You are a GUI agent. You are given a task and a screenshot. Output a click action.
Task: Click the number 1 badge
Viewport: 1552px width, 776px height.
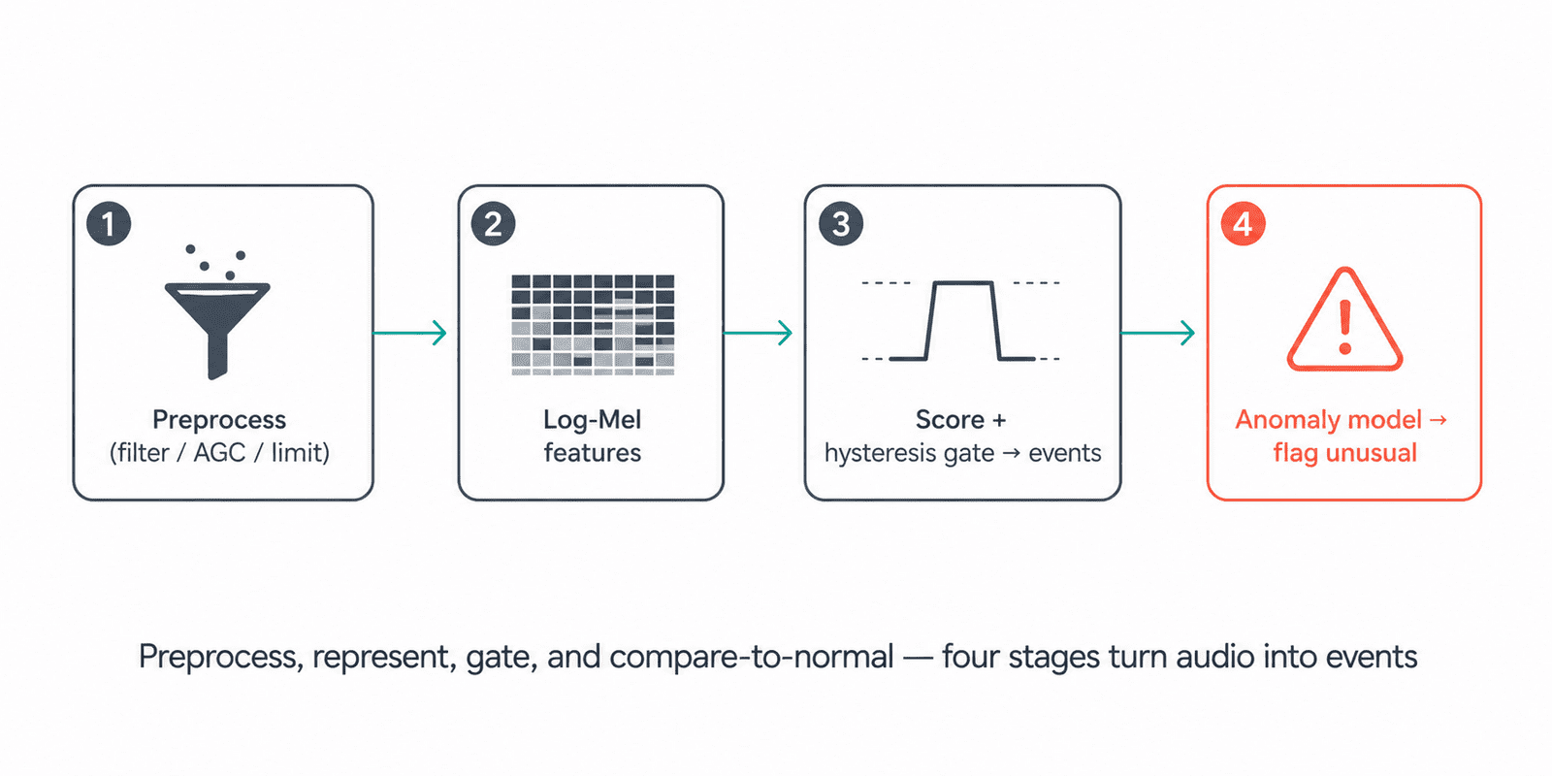[109, 224]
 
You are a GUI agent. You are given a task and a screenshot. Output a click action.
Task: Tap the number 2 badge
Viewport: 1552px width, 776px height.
[493, 224]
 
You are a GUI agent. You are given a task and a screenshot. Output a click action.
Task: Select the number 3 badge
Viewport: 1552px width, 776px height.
[840, 224]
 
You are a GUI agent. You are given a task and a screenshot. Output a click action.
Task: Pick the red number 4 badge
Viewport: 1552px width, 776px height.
[1243, 224]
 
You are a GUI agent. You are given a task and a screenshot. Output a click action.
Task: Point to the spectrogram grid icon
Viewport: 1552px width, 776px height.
[593, 325]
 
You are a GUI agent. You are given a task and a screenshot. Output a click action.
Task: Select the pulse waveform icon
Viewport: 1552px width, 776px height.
[961, 321]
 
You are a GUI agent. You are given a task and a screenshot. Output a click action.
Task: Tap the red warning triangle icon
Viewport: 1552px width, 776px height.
[1344, 319]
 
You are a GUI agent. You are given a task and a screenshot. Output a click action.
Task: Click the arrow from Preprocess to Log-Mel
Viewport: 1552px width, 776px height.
[409, 334]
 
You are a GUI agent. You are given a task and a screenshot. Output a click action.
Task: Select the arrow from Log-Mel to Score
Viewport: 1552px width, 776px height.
[758, 334]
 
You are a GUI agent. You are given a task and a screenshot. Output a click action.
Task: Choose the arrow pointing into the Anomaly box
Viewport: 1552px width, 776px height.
[1158, 334]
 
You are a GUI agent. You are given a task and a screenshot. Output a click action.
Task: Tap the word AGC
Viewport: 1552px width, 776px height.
[219, 453]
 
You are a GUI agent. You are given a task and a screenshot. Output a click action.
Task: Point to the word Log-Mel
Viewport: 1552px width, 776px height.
[593, 420]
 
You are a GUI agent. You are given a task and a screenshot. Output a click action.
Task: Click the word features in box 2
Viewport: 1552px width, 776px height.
[593, 453]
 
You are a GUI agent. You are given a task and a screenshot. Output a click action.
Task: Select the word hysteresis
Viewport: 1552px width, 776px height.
[872, 453]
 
